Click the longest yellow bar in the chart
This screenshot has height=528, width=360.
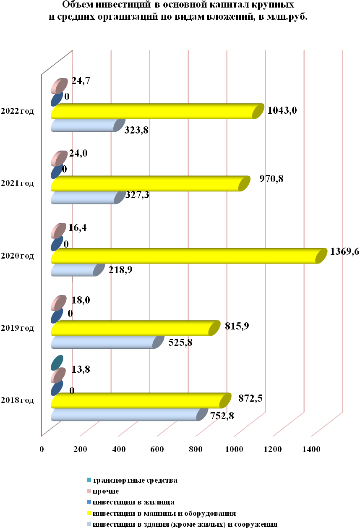pos(185,256)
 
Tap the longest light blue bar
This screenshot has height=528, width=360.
pos(126,415)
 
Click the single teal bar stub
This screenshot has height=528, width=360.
pos(57,362)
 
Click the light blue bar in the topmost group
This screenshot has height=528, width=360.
pos(84,125)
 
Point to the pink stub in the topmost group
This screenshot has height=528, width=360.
pos(59,86)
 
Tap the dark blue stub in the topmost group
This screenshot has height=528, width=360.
pos(57,99)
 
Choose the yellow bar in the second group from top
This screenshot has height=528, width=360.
pos(147,184)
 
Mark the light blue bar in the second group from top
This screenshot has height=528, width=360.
pos(84,198)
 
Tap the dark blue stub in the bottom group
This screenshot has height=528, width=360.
pos(57,388)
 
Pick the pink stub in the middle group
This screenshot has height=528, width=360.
pos(58,231)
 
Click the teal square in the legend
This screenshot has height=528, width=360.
pos(89,480)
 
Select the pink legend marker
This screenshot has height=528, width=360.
pos(89,491)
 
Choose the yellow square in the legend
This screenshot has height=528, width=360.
pos(89,512)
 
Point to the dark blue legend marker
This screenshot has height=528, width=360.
pos(89,502)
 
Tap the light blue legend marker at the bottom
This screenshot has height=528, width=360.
pos(89,523)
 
